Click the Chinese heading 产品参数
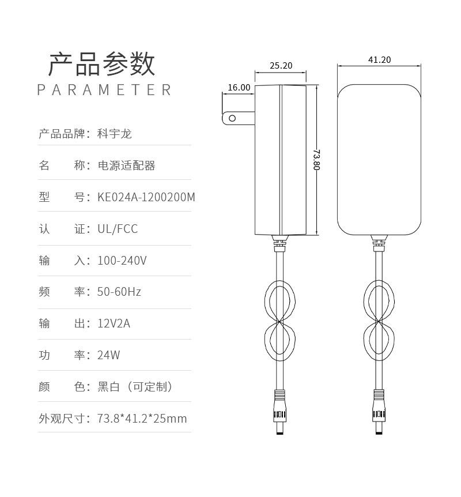tap(101, 64)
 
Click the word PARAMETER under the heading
tap(104, 90)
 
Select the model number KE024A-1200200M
tap(146, 197)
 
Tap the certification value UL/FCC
tap(118, 229)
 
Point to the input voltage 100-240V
tap(122, 261)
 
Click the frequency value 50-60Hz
tap(119, 292)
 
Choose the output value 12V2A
tap(114, 323)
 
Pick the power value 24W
tap(109, 355)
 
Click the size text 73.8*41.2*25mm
tap(142, 419)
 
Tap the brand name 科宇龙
tap(115, 134)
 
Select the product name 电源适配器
tap(126, 165)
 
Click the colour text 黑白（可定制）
tap(135, 387)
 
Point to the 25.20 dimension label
tap(281, 66)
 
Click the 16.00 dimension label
tap(239, 88)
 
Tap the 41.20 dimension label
tap(379, 60)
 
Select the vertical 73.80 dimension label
tap(316, 160)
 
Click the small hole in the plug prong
tap(232, 119)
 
